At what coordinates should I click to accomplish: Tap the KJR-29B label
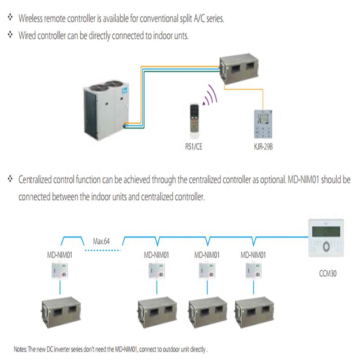[262, 146]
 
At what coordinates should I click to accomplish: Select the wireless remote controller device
[195, 119]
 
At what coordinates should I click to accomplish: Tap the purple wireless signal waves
[210, 96]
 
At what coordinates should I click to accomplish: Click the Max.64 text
[101, 241]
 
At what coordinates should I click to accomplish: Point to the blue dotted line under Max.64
[103, 250]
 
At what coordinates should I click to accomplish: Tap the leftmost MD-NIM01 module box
[60, 271]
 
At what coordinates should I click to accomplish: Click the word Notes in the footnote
[21, 349]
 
